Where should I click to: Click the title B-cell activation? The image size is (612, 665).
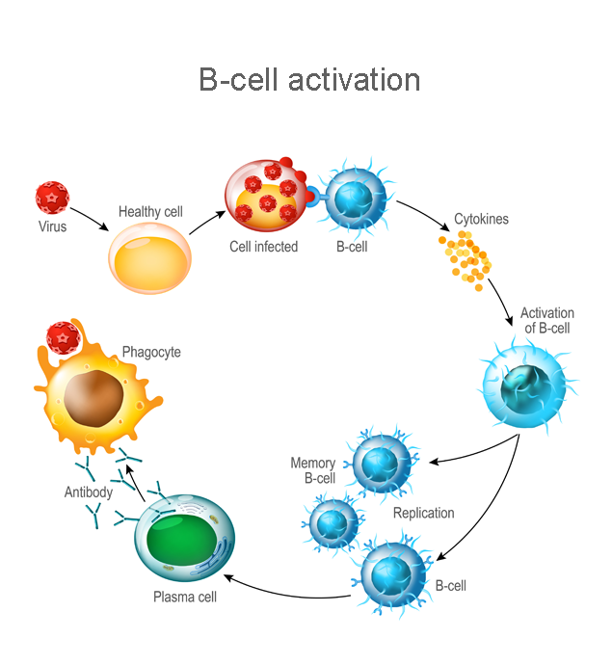(x=309, y=79)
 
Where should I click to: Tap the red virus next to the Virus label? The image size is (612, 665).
(x=52, y=197)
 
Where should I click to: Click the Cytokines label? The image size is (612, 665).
(x=481, y=219)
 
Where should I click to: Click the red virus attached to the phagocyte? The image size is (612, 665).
(x=64, y=340)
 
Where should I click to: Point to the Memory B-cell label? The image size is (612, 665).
(x=313, y=470)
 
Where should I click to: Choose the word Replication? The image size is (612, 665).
(x=423, y=513)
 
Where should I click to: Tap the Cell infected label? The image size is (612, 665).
(x=263, y=246)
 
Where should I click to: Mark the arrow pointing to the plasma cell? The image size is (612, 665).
(x=289, y=591)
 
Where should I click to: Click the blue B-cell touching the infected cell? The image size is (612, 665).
(x=353, y=199)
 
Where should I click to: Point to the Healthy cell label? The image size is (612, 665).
(x=150, y=211)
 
